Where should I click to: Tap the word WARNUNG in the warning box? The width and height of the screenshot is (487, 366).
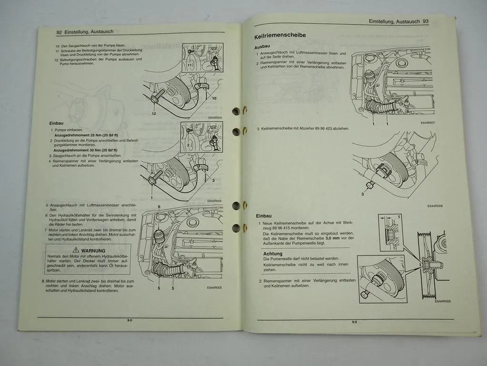coord(93,250)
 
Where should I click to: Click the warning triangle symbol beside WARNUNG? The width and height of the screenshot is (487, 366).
coord(76,250)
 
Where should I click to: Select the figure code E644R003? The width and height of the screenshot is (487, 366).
coord(215,117)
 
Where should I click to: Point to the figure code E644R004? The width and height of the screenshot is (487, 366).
coord(215,201)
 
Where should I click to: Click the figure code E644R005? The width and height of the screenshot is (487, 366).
coord(215,287)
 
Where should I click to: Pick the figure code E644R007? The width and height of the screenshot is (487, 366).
coord(428,122)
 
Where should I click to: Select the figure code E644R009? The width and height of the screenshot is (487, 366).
coord(442,301)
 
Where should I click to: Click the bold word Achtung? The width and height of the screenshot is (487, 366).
coord(273,254)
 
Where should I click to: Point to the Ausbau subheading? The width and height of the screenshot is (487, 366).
coord(263,48)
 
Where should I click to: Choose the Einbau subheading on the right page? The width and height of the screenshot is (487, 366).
coord(264,216)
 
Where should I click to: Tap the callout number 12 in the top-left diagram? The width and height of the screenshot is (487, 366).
coord(154,114)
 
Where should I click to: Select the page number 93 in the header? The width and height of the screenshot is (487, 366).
coord(426,21)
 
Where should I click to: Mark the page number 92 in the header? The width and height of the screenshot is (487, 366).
coord(59,32)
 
